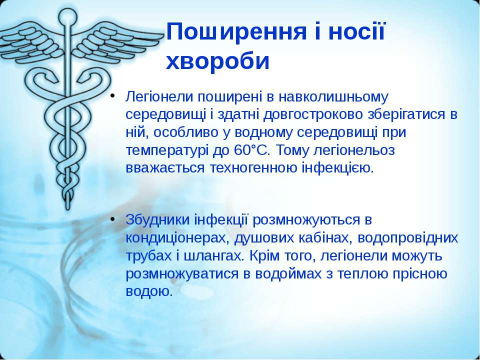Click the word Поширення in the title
click(x=236, y=32)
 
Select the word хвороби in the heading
click(x=217, y=61)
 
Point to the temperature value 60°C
click(x=250, y=150)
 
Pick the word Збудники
click(x=157, y=220)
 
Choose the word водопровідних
click(x=408, y=238)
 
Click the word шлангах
click(x=214, y=256)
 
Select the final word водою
click(x=149, y=291)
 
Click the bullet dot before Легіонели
click(x=112, y=95)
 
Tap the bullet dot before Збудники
click(x=112, y=219)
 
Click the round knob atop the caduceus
click(x=67, y=17)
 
